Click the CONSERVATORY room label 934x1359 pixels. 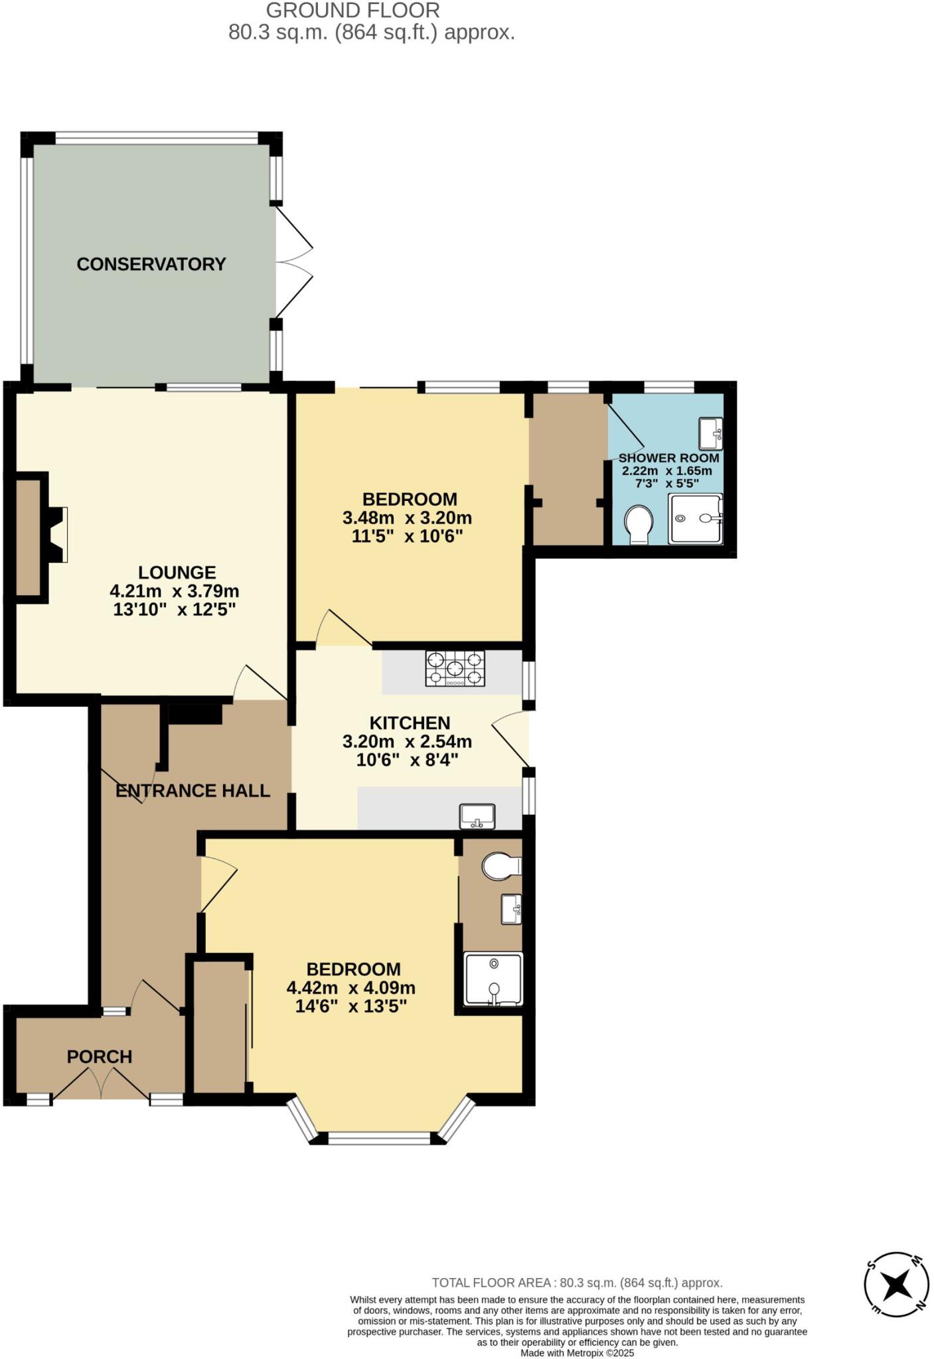pyautogui.click(x=151, y=264)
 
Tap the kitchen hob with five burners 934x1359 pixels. pyautogui.click(x=455, y=668)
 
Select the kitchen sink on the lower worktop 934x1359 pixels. pyautogui.click(x=477, y=816)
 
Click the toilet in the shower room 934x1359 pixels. pyautogui.click(x=639, y=525)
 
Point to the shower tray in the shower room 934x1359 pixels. pyautogui.click(x=694, y=519)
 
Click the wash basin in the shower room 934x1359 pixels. pyautogui.click(x=710, y=433)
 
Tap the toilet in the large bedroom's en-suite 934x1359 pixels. pyautogui.click(x=501, y=866)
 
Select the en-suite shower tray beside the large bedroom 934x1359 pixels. pyautogui.click(x=493, y=979)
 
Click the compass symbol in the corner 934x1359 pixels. pyautogui.click(x=896, y=1285)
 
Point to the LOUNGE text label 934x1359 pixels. pyautogui.click(x=177, y=572)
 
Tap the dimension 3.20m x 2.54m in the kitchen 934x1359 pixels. pyautogui.click(x=407, y=741)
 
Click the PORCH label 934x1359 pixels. pyautogui.click(x=100, y=1056)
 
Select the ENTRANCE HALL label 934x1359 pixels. pyautogui.click(x=193, y=790)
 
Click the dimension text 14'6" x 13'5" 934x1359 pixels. pyautogui.click(x=350, y=1006)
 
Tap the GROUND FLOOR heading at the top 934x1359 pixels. pyautogui.click(x=352, y=11)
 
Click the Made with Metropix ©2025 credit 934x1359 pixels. pyautogui.click(x=577, y=1353)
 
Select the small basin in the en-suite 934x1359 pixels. pyautogui.click(x=511, y=909)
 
